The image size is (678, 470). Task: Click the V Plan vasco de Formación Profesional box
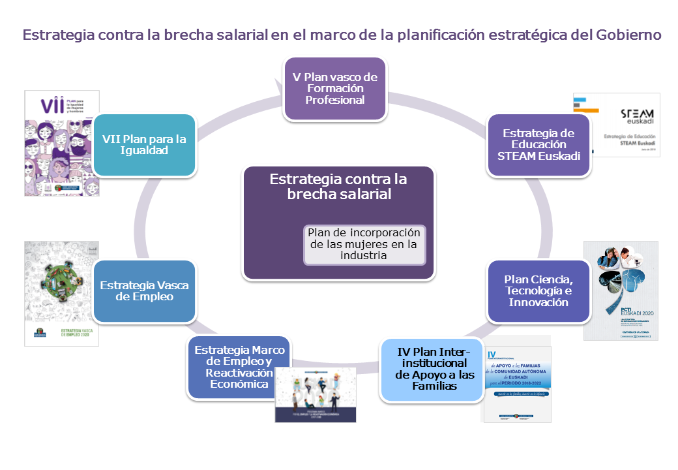click(x=334, y=89)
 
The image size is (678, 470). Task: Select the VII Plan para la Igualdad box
click(x=144, y=145)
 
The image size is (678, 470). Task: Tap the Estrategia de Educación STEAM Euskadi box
click(x=538, y=145)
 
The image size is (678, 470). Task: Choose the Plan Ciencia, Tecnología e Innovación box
click(x=538, y=291)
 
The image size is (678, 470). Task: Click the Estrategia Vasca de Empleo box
click(x=144, y=291)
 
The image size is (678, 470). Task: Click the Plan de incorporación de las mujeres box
click(x=364, y=245)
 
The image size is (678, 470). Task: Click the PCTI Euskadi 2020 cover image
click(x=620, y=290)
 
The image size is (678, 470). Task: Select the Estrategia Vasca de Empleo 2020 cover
click(x=61, y=293)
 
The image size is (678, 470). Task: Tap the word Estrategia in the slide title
click(x=57, y=35)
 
